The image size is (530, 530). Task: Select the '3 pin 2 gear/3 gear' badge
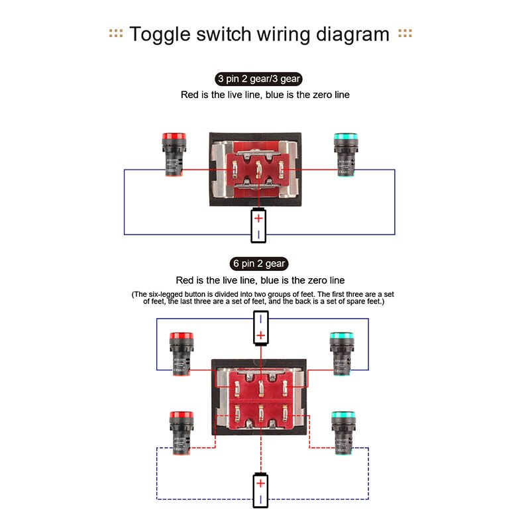[x=258, y=79]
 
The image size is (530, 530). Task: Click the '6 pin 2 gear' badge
[x=258, y=263]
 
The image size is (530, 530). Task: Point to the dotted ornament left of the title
[x=116, y=34]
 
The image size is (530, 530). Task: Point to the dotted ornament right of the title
[x=405, y=34]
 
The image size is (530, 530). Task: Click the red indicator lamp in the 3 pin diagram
[x=175, y=154]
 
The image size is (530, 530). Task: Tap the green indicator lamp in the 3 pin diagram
[x=344, y=154]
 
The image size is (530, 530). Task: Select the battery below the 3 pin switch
[x=259, y=225]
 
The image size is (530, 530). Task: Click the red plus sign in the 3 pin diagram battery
[x=259, y=218]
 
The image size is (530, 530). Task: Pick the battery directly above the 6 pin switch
[x=261, y=328]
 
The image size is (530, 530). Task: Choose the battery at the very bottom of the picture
[x=261, y=491]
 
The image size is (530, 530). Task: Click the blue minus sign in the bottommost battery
[x=261, y=499]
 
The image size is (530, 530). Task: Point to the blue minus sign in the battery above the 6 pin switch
[x=261, y=320]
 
